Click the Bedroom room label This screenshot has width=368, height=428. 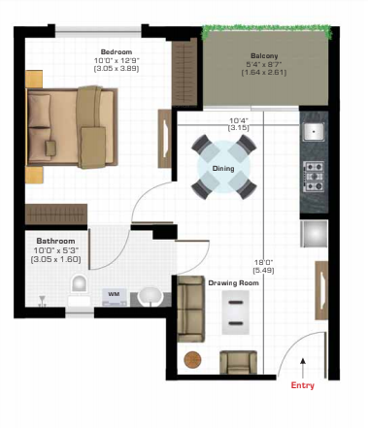point(117,51)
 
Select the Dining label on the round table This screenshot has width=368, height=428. point(223,168)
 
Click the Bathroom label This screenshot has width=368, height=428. point(56,240)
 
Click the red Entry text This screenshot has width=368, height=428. point(303,385)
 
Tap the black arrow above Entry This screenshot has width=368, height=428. point(303,367)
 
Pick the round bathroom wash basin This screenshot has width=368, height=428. point(150,295)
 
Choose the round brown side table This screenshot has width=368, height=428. point(194,359)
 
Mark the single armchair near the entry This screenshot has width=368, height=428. point(237,363)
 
